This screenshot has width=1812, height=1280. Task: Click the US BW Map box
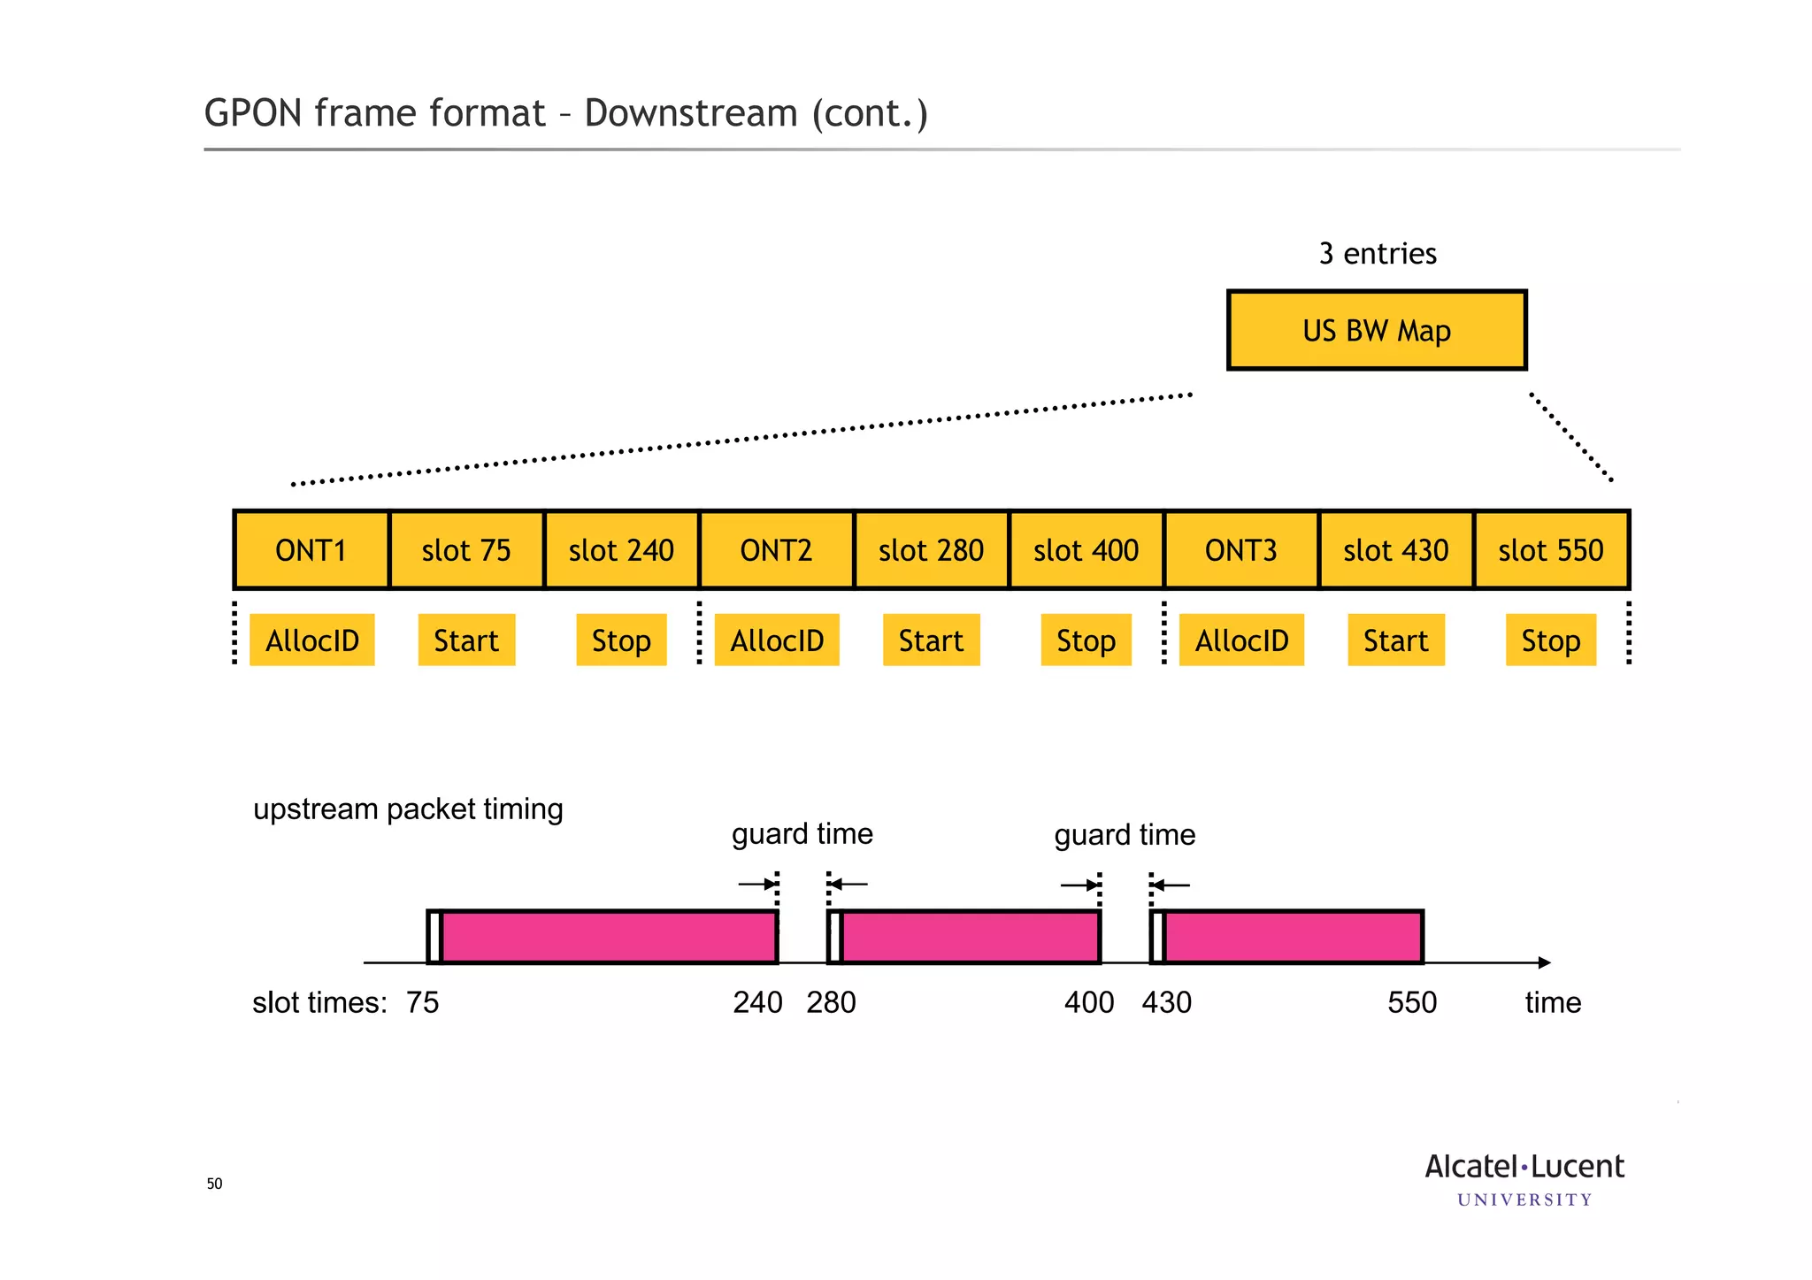[x=1377, y=330]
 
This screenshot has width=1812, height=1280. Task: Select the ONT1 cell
[x=311, y=550]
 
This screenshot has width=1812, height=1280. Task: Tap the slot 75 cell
[x=466, y=550]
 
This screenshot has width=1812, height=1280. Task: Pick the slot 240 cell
[x=621, y=550]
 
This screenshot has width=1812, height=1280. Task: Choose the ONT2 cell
[x=776, y=550]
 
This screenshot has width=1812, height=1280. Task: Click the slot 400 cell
[x=1086, y=550]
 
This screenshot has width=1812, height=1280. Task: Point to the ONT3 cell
[x=1240, y=550]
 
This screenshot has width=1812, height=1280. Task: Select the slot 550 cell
[x=1550, y=550]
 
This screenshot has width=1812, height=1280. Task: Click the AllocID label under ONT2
[x=777, y=640]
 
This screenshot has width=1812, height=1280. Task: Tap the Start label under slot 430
[x=1395, y=640]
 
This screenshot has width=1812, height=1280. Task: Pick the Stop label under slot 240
[x=621, y=640]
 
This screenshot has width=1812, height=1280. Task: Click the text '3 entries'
[x=1377, y=254]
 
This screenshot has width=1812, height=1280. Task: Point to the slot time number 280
[x=831, y=1002]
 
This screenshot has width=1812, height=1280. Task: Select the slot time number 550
[x=1412, y=1002]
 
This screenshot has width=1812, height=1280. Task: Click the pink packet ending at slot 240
[x=609, y=937]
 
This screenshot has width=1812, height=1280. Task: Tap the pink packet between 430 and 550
[x=1292, y=937]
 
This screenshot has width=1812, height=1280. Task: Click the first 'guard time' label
[x=802, y=834]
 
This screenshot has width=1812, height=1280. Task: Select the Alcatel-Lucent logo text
[x=1524, y=1168]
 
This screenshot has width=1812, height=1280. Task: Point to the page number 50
[x=214, y=1184]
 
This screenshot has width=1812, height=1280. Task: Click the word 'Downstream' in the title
[x=691, y=113]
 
